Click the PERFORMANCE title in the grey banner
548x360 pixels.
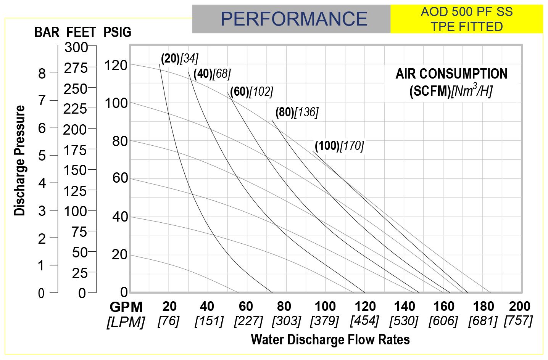pos(294,19)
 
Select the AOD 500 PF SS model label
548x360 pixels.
pos(466,12)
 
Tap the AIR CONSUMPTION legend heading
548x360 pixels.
pos(451,74)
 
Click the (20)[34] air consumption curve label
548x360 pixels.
pos(179,58)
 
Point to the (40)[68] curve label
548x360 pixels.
pos(212,74)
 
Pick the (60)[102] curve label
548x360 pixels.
pos(251,92)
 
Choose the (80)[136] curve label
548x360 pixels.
pos(297,112)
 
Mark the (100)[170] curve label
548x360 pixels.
pos(339,145)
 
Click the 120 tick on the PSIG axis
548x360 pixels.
pos(116,66)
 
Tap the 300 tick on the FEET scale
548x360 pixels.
pos(76,48)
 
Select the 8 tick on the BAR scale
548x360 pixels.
pos(42,73)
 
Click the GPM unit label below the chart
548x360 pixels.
pos(126,307)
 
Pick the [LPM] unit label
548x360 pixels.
pos(126,322)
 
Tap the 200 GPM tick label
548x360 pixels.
pos(519,306)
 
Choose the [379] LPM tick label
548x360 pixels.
pos(325,321)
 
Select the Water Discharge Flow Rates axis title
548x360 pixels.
pos(330,339)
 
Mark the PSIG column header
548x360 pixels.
pos(117,32)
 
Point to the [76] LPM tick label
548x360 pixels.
pos(168,321)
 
